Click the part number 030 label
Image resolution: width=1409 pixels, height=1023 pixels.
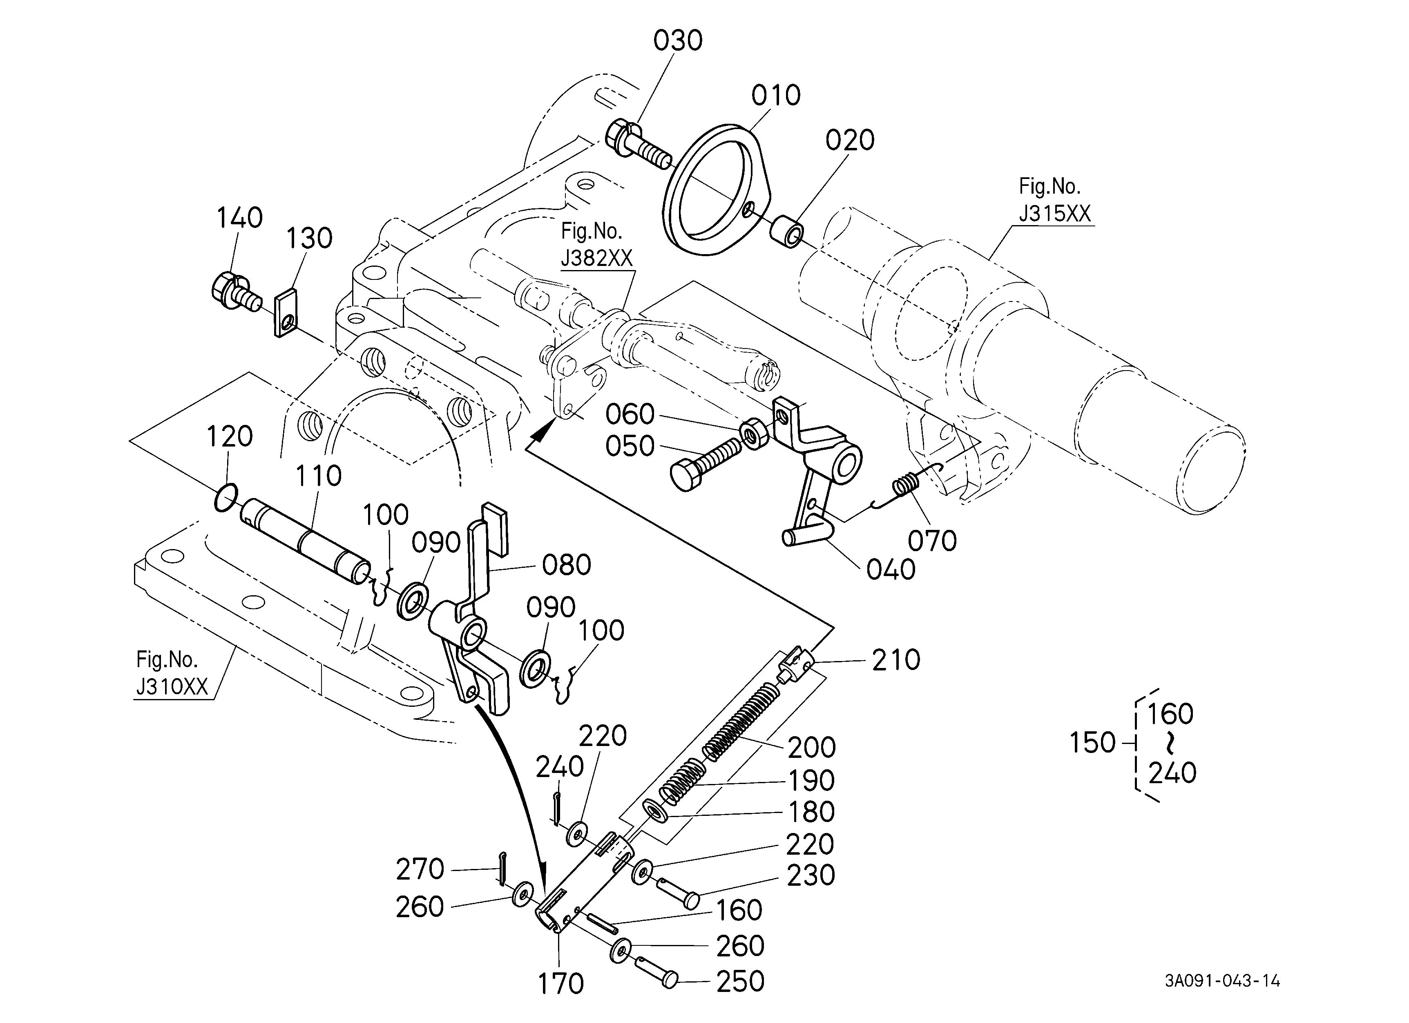(678, 41)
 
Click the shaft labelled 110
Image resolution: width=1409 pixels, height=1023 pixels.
(306, 541)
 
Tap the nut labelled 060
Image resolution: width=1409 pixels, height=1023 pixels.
(755, 434)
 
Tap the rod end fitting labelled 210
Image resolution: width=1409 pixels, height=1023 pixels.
(795, 665)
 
